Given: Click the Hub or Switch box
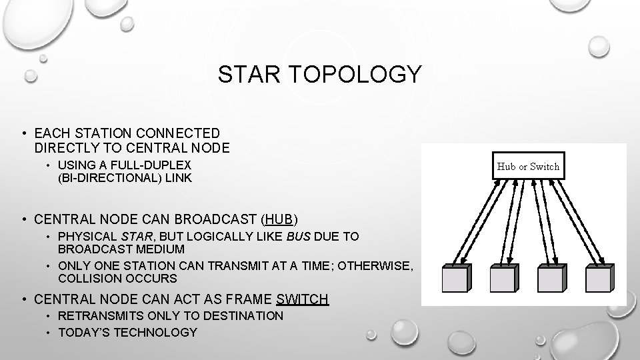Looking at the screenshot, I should [529, 166].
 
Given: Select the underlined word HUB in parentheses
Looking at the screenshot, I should [279, 218].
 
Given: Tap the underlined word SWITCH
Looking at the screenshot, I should [303, 299].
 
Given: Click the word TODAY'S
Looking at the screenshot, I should [84, 332].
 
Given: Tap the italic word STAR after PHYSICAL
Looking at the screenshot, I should [135, 236].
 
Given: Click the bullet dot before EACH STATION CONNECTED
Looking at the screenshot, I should [23, 134].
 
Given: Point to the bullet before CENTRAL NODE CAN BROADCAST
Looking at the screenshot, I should [23, 218].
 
